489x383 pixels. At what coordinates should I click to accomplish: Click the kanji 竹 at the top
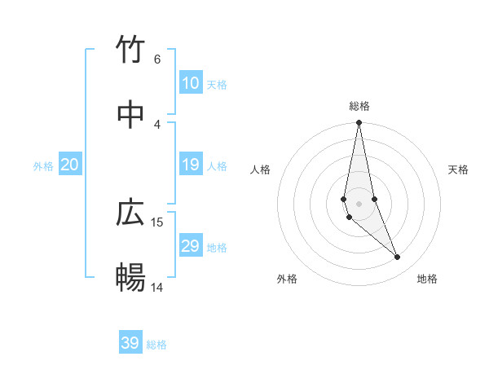131,50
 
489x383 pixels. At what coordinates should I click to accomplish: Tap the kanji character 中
131,115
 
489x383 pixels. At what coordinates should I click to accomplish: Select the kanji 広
131,213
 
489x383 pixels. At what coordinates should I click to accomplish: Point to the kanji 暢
131,278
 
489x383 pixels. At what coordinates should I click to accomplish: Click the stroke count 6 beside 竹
157,59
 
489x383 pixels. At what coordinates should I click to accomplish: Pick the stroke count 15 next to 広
157,222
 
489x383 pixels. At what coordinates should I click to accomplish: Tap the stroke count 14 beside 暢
157,287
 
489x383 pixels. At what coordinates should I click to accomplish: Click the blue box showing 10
190,83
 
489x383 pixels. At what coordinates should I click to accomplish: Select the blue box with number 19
190,165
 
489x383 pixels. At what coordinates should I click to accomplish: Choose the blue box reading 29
190,246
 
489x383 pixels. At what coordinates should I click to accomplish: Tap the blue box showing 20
70,165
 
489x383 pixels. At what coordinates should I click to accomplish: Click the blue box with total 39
130,343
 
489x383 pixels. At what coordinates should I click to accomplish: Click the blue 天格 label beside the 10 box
217,85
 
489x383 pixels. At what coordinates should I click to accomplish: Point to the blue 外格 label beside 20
43,166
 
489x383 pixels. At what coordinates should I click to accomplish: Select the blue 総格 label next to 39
157,345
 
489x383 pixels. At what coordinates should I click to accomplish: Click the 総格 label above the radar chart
359,106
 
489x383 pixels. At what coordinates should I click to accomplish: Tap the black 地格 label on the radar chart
427,279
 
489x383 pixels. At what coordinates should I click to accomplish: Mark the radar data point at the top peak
359,123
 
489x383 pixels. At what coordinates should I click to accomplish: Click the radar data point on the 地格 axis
398,258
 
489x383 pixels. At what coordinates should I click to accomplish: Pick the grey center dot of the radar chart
359,203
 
